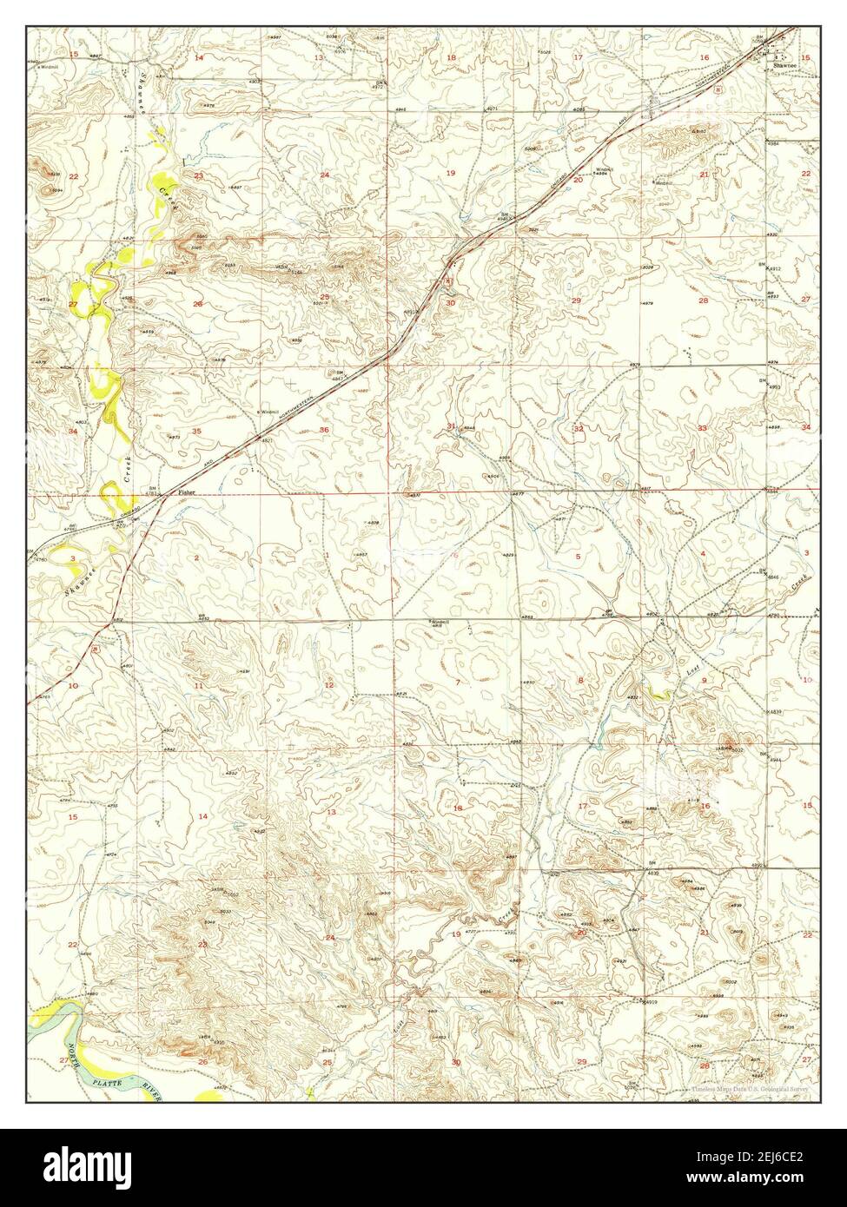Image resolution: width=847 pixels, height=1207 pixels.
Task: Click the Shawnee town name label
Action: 778,62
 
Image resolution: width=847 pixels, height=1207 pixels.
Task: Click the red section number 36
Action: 324,430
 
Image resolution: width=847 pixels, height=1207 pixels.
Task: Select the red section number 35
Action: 197,431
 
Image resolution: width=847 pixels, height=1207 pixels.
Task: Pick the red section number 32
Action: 577,429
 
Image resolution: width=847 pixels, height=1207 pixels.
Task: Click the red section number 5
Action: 577,556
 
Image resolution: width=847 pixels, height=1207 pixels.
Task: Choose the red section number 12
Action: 328,686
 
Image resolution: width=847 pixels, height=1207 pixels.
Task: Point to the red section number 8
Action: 579,680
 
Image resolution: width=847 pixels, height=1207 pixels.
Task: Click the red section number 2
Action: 196,557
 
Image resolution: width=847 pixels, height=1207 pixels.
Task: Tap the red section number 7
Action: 457,683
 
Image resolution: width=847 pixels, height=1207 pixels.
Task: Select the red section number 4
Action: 702,554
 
